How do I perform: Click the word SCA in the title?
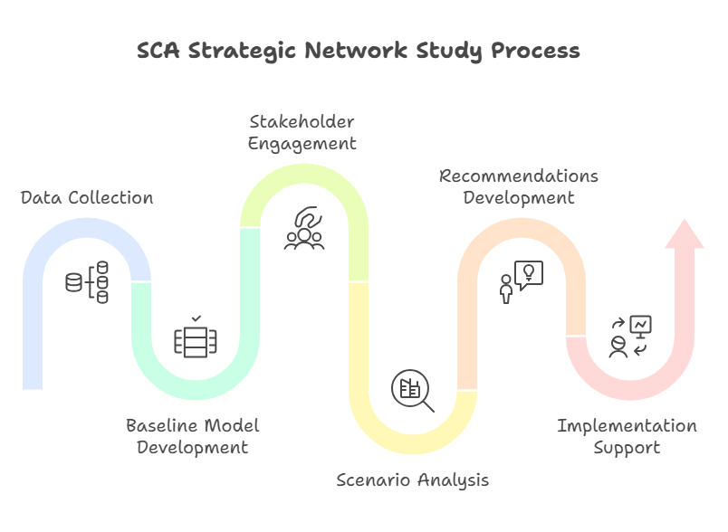(157, 50)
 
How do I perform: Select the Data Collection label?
(87, 198)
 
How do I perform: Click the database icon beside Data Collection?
(88, 282)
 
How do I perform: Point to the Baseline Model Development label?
(192, 436)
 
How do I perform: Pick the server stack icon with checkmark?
(196, 337)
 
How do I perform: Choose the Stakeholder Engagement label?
(302, 132)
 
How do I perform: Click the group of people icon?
(303, 230)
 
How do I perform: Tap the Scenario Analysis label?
(412, 480)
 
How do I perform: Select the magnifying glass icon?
(412, 391)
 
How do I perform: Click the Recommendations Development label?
(519, 186)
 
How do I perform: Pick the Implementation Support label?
(627, 436)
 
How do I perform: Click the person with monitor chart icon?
(630, 337)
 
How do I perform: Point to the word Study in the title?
(450, 50)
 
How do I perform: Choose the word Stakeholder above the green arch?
(302, 121)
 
